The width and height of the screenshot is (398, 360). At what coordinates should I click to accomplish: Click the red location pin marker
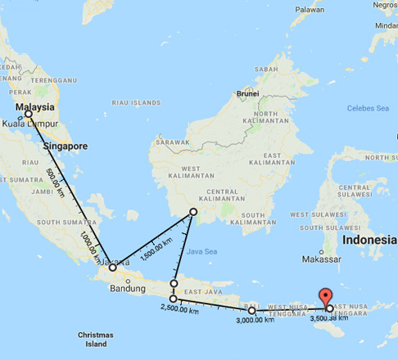click(326, 297)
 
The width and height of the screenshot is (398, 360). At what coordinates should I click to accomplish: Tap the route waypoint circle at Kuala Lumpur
click(29, 115)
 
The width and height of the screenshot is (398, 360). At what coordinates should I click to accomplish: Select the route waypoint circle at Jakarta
click(113, 268)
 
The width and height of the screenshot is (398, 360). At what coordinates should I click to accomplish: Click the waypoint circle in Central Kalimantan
click(193, 212)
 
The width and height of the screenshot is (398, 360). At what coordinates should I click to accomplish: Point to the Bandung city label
click(127, 288)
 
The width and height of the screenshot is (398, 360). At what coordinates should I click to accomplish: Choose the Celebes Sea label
click(369, 108)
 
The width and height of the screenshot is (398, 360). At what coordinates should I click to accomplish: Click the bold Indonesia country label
click(369, 241)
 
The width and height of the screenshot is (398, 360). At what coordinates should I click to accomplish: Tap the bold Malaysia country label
click(35, 107)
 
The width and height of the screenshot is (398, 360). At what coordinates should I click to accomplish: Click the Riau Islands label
click(136, 103)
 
